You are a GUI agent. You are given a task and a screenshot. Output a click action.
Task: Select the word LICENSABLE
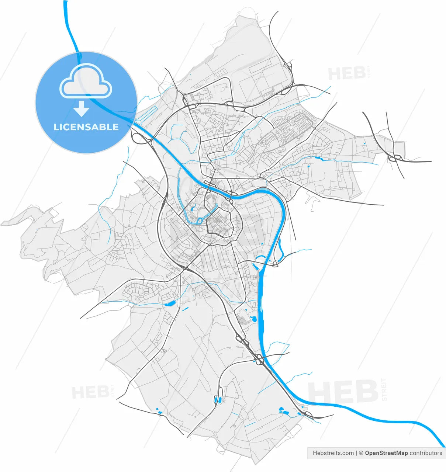pos(86,127)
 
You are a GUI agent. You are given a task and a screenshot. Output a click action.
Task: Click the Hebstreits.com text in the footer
pos(333,453)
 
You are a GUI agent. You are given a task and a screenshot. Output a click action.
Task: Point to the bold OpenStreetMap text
pos(386,453)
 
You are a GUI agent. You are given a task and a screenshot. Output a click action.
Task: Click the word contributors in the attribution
pos(426,453)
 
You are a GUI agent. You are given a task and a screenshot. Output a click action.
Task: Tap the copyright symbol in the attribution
pos(361,453)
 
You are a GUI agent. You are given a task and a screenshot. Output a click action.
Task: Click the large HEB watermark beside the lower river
pos(343,392)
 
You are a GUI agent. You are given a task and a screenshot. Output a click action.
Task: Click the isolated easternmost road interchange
pos(394,158)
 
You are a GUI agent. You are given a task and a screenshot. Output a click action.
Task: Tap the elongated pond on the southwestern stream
pos(170,303)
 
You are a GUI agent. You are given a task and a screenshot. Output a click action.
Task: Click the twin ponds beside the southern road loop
pos(217,399)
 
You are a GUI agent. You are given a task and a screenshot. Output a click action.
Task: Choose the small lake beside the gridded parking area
pos(253,318)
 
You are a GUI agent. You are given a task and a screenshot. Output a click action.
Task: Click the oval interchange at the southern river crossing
pos(260,358)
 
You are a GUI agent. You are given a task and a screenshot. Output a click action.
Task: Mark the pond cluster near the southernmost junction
pos(284,410)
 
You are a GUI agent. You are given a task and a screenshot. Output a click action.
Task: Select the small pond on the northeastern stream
pos(319,159)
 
